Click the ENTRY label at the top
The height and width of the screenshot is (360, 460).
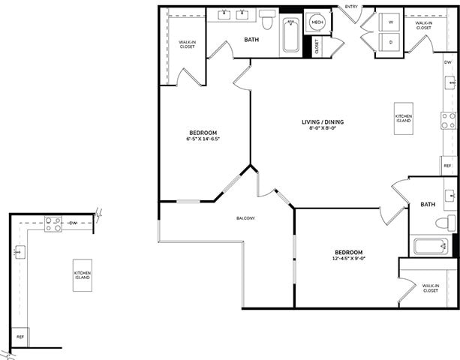350,7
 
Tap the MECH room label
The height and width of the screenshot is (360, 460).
317,22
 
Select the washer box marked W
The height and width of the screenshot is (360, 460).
390,22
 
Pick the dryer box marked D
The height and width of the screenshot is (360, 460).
390,42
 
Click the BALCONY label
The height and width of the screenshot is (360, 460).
246,218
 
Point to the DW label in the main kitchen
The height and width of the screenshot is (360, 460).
447,61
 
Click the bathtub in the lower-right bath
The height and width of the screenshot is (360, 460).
431,246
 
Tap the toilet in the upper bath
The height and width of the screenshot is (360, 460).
268,16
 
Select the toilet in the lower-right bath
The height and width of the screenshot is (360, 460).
448,223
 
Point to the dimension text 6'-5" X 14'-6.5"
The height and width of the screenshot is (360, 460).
203,139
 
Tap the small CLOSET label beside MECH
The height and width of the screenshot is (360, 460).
316,46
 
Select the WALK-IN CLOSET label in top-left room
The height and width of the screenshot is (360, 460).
187,44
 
